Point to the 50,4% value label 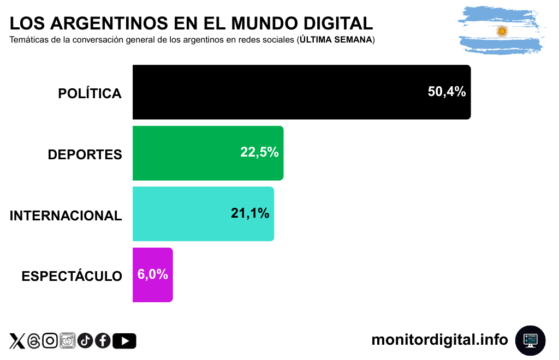(447, 92)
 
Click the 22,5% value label (259, 153)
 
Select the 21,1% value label (250, 213)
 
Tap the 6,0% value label (152, 274)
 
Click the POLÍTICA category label (90, 94)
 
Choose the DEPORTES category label (85, 155)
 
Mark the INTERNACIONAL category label (66, 215)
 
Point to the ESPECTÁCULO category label (72, 277)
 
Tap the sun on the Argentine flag (502, 32)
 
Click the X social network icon (17, 341)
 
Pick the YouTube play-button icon (124, 341)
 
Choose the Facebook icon (103, 341)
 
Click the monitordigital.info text (439, 340)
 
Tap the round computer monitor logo (530, 340)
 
